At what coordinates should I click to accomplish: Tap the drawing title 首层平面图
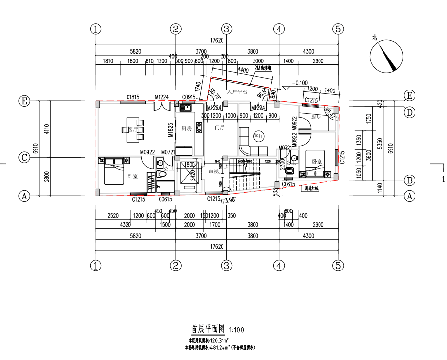click(208, 329)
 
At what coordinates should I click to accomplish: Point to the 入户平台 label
click(236, 92)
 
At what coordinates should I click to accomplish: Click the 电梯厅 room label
click(216, 172)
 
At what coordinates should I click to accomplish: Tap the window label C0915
click(189, 97)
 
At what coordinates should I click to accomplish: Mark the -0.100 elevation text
click(299, 83)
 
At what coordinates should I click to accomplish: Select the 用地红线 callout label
click(312, 188)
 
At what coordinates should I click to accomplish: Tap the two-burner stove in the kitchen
click(199, 127)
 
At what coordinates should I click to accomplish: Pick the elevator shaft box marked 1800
click(189, 175)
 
